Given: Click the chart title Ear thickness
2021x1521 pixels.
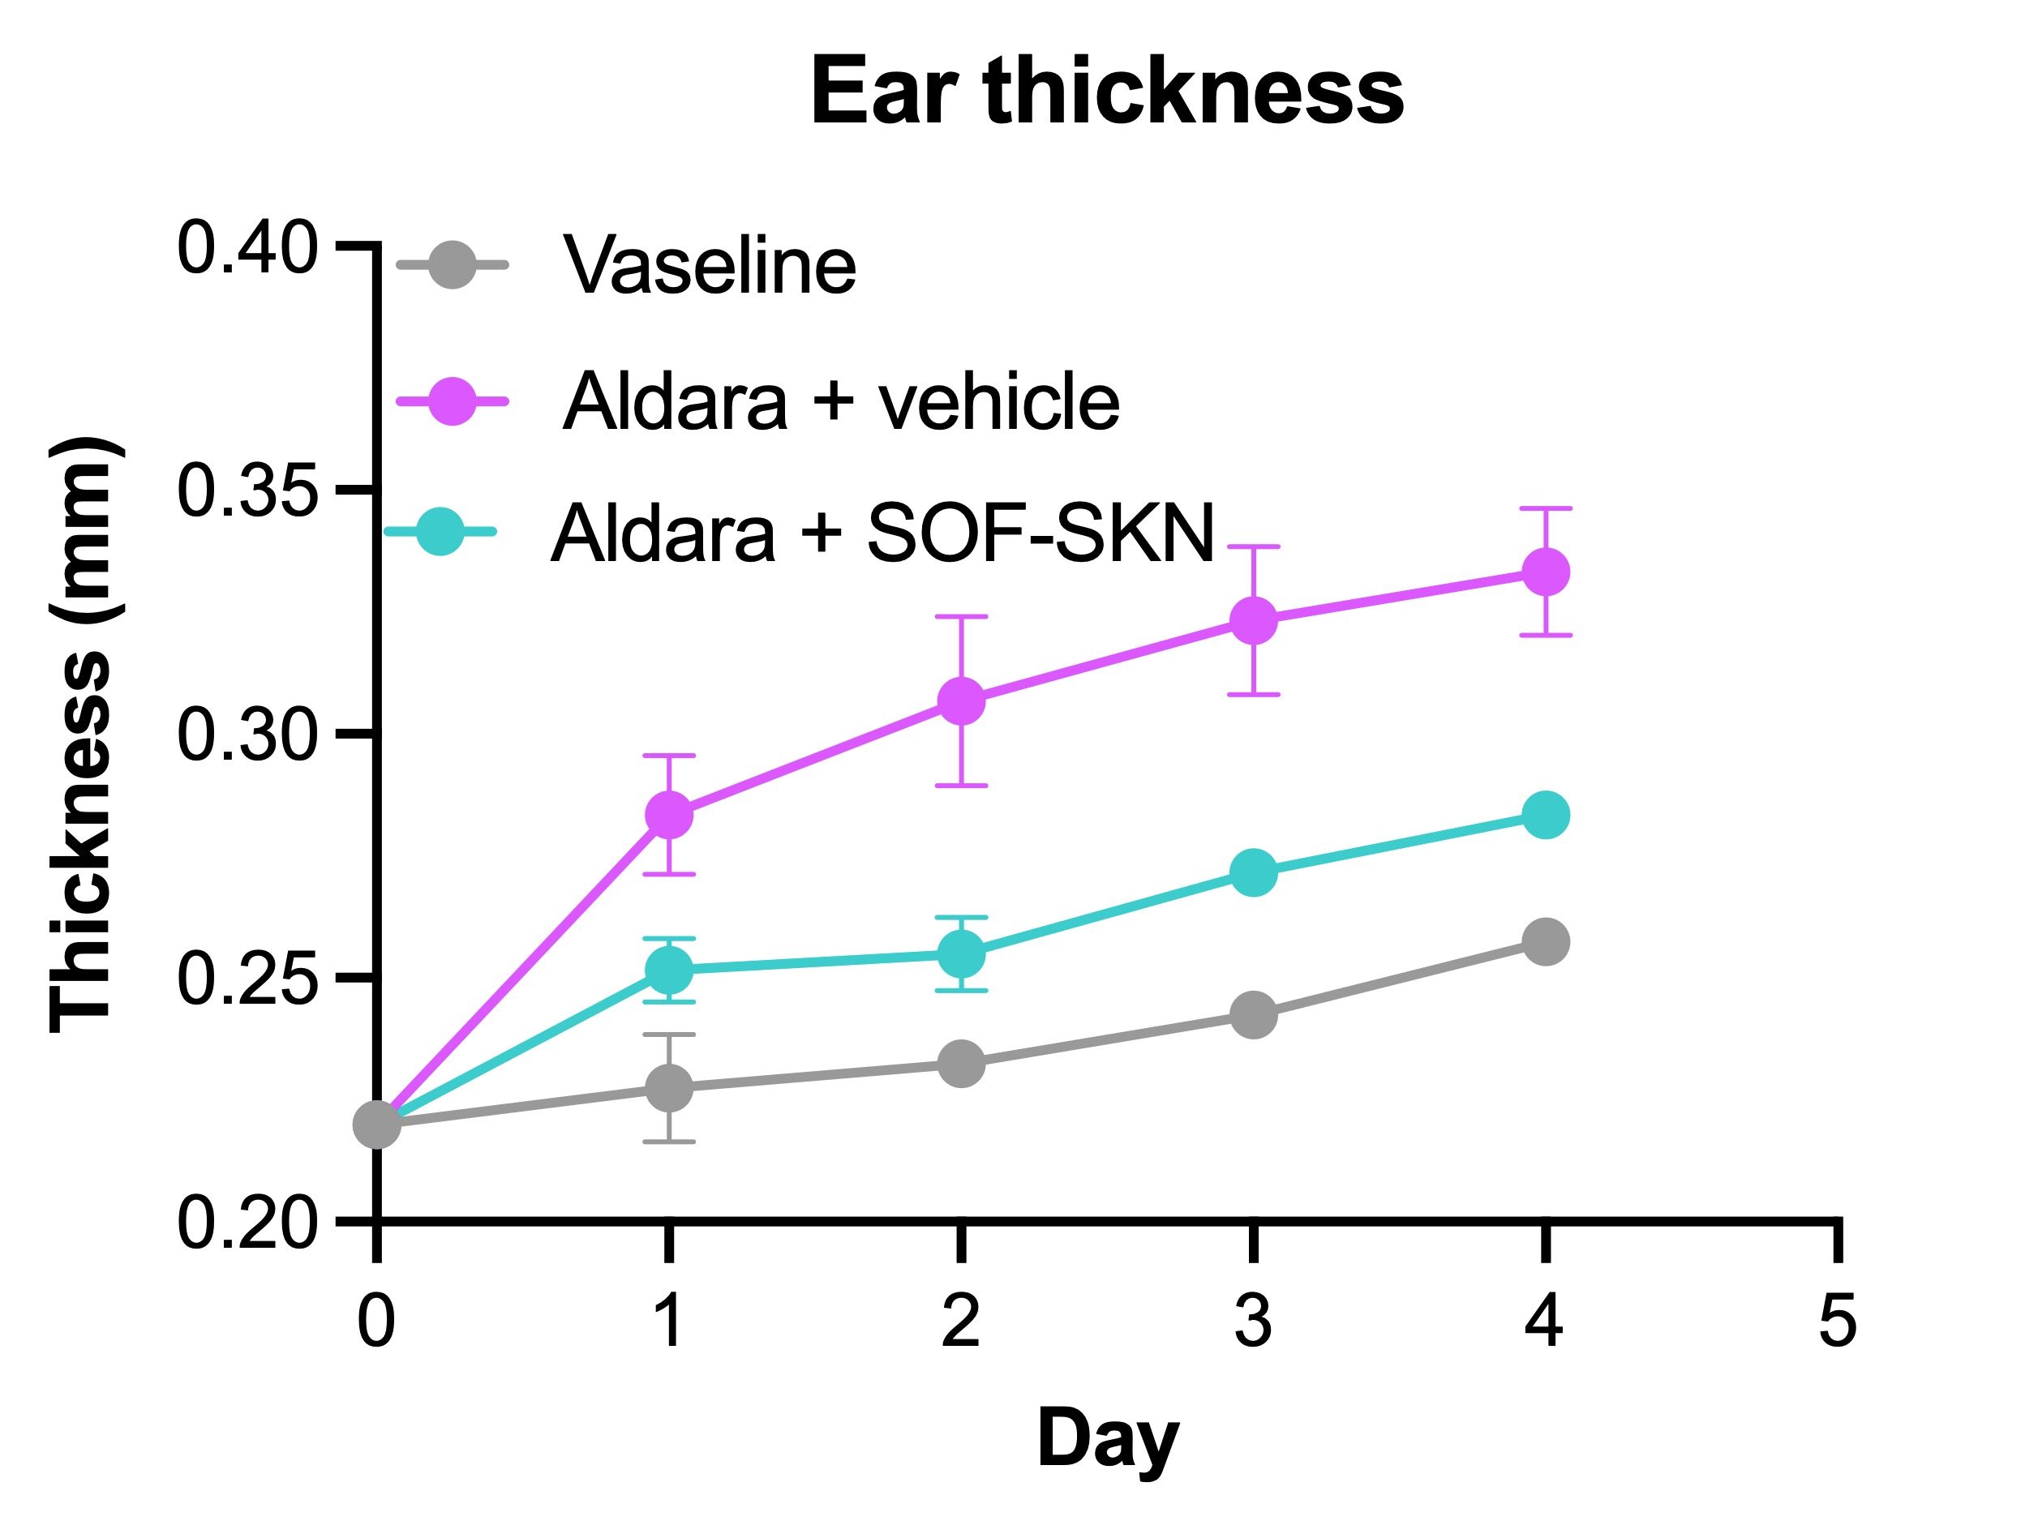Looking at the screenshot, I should pyautogui.click(x=1106, y=92).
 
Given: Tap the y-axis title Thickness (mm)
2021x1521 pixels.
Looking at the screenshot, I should pyautogui.click(x=82, y=735).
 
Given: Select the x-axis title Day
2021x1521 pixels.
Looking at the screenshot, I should pyautogui.click(x=1107, y=1437).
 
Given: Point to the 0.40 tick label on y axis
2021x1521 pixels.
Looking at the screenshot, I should pyautogui.click(x=247, y=246).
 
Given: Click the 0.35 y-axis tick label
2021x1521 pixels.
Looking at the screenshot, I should pyautogui.click(x=247, y=491).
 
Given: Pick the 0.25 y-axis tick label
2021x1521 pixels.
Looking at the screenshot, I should pyautogui.click(x=247, y=979).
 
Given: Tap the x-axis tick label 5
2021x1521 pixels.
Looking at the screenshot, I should pyautogui.click(x=1838, y=1321).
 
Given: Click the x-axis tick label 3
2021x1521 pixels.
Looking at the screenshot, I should pyautogui.click(x=1253, y=1321).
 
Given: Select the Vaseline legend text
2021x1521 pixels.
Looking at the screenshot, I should pyautogui.click(x=709, y=266).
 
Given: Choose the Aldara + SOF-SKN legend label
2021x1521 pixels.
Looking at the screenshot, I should pyautogui.click(x=882, y=533).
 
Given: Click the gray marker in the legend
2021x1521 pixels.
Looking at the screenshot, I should pyautogui.click(x=453, y=265).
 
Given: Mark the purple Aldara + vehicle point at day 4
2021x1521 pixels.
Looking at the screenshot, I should pyautogui.click(x=1545, y=572).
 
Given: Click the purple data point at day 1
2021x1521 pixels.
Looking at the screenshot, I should pyautogui.click(x=669, y=814).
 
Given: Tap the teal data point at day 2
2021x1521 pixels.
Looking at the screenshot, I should pyautogui.click(x=961, y=954).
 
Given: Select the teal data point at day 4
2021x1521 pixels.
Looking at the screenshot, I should pyautogui.click(x=1545, y=814).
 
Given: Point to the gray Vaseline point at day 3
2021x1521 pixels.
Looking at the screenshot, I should pyautogui.click(x=1253, y=1015).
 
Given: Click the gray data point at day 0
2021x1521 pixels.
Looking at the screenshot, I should pyautogui.click(x=376, y=1124).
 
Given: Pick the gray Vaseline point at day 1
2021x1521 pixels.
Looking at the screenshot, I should pyautogui.click(x=669, y=1087).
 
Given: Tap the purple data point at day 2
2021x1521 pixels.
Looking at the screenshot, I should pyautogui.click(x=961, y=701).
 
